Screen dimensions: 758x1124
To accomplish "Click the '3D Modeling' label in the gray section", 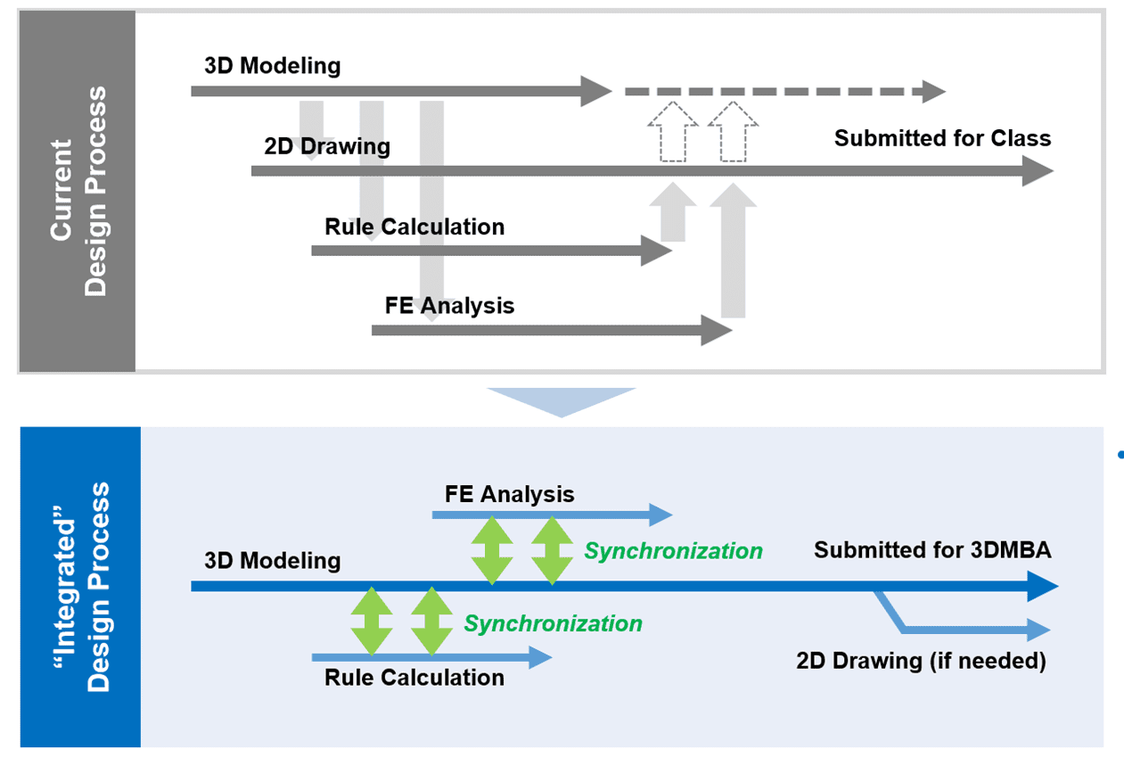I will [272, 65].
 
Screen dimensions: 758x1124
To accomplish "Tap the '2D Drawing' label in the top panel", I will [327, 146].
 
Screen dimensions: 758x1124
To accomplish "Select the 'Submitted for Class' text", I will [942, 138].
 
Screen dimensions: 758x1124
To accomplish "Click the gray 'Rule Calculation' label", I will [414, 227].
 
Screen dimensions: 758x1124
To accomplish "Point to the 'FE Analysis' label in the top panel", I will [449, 305].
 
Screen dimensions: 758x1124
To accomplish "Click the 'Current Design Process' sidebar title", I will [78, 191].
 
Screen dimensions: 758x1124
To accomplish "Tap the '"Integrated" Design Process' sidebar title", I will [80, 587].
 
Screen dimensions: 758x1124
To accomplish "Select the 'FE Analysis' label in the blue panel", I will [509, 493].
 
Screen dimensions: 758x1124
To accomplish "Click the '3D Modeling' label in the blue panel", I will [272, 560].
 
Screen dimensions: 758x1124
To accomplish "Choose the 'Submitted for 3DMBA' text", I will [931, 550].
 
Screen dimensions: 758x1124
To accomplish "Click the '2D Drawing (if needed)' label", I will [920, 661].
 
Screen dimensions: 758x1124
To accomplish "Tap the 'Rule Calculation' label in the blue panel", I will [414, 677].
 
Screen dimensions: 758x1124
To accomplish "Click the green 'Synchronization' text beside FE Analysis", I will [673, 551].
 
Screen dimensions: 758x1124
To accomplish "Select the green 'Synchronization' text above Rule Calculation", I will [553, 623].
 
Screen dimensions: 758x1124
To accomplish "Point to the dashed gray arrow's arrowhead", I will [934, 91].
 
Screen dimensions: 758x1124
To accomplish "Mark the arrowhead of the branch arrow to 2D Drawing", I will [1038, 630].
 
